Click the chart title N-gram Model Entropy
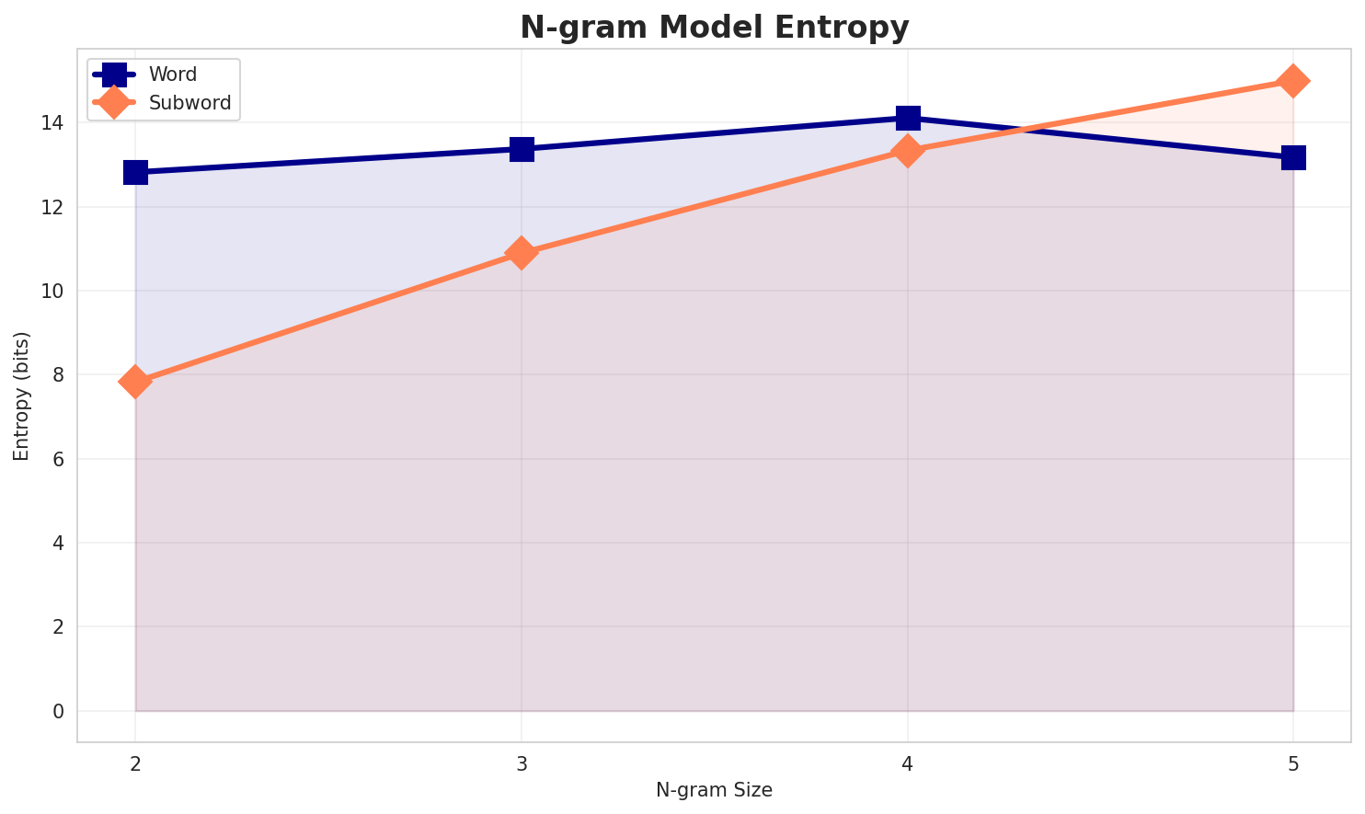pos(714,28)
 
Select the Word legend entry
pos(173,75)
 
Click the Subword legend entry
pos(189,103)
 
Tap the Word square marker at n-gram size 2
pos(135,172)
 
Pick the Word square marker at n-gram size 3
pos(522,149)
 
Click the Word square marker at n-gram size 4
pos(908,118)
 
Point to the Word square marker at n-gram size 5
pos(1293,157)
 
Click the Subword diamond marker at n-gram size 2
pos(135,381)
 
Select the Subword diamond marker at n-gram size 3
pos(522,253)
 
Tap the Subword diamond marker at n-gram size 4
pos(908,150)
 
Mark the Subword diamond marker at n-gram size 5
pos(1293,81)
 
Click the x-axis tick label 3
pos(522,762)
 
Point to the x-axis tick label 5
pos(1293,762)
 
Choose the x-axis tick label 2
pos(135,762)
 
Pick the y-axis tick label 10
pos(55,292)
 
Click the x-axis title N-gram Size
pos(714,790)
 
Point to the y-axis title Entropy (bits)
pos(21,396)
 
